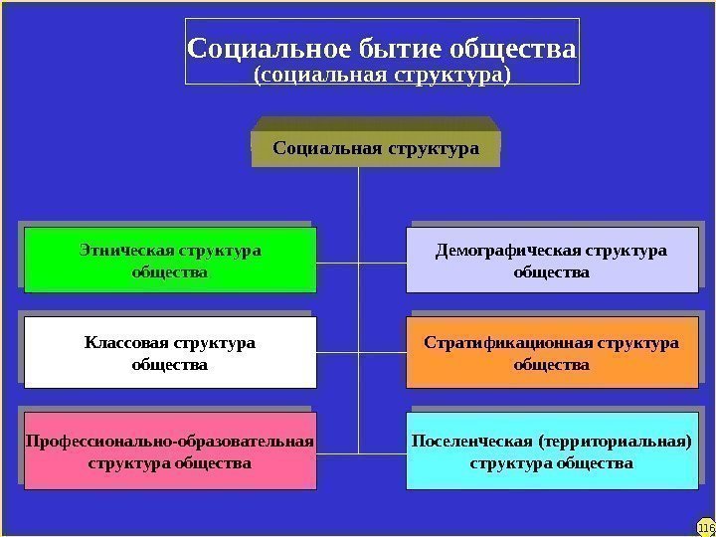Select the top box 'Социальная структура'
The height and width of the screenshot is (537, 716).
tap(376, 149)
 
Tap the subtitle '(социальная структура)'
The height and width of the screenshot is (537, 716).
tap(382, 75)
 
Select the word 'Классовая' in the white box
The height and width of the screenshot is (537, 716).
tap(126, 344)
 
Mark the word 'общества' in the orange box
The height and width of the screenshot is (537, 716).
tap(551, 365)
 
